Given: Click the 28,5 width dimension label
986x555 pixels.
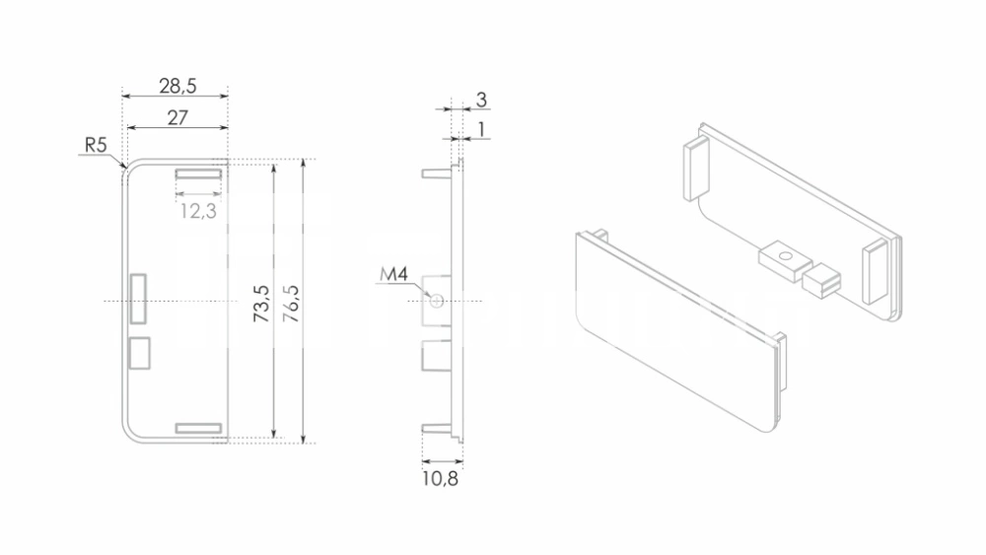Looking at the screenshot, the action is [x=177, y=86].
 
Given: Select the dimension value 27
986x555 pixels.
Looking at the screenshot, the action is [x=177, y=117].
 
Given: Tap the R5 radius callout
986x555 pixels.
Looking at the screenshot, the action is [x=96, y=145].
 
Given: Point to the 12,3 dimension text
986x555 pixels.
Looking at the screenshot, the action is [x=198, y=211].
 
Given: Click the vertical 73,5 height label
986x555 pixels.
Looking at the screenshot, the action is [x=261, y=304].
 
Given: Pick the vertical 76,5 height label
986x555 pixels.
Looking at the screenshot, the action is [x=291, y=304].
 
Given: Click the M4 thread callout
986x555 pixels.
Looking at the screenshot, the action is [x=393, y=274].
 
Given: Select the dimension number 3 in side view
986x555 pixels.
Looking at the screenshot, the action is [x=481, y=100].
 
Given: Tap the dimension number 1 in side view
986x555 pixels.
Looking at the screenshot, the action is [x=481, y=129].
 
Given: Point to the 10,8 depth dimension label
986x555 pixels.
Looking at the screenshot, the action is [x=440, y=479].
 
